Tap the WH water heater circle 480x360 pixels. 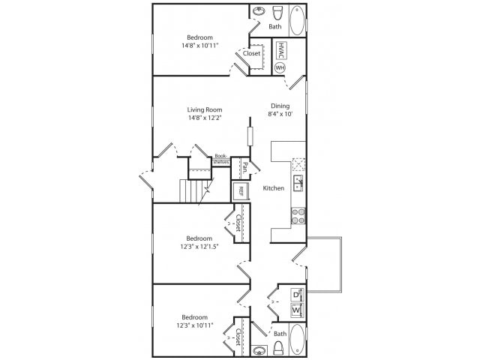(280, 67)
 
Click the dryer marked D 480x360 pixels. (296, 293)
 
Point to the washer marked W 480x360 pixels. (296, 309)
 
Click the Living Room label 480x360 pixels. (205, 109)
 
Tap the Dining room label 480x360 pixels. (281, 106)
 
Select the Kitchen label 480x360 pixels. (273, 188)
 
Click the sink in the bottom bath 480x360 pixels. (259, 349)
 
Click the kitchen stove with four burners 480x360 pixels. (297, 216)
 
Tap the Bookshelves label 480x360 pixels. (220, 159)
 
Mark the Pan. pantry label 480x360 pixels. (244, 166)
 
